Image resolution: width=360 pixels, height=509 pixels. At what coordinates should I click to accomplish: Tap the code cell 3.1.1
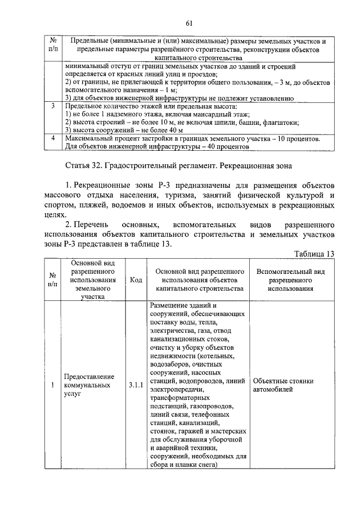coord(136,385)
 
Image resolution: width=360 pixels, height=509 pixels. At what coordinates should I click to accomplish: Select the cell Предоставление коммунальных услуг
coord(89,385)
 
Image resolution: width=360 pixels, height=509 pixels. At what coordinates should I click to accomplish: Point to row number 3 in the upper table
coord(52,106)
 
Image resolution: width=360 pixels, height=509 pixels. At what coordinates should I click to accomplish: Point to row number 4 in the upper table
coord(52,138)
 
